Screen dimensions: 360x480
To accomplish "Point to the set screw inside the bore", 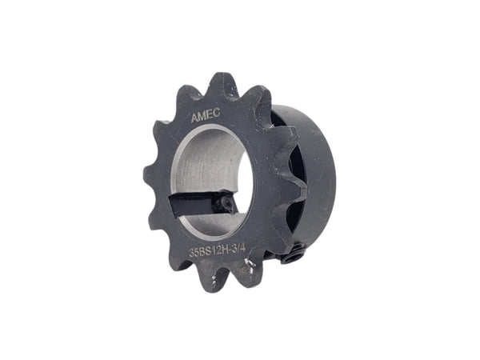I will click(227, 204).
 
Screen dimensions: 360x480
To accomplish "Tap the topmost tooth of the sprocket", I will click(225, 83).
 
